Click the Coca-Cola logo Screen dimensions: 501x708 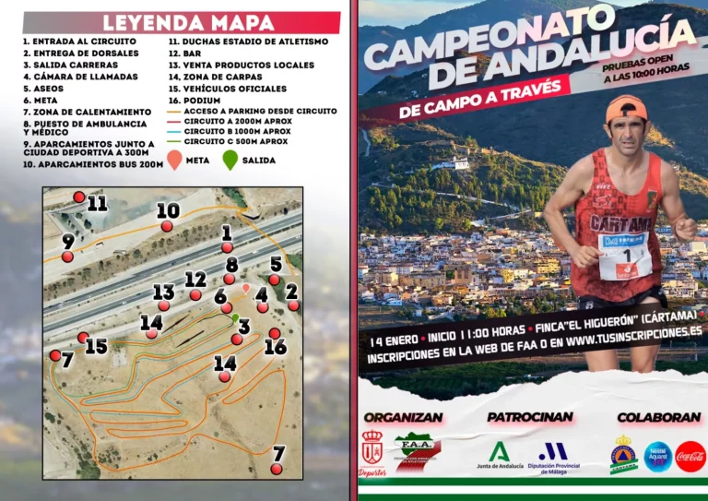point(690,456)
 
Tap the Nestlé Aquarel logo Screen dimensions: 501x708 point(657,456)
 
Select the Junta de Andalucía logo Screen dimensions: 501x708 point(500,455)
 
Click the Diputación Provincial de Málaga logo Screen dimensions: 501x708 point(553,455)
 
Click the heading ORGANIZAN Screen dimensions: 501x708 point(403,417)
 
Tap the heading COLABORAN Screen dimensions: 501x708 point(658,417)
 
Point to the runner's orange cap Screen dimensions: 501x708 point(626,108)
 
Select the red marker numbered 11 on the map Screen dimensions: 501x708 point(79,197)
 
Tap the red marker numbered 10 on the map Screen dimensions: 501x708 point(167,226)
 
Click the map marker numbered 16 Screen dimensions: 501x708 point(275,333)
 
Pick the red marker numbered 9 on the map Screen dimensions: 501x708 point(67,256)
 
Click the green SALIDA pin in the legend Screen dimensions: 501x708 point(230,161)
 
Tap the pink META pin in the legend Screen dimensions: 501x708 point(174,161)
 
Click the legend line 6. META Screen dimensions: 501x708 point(41,100)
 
